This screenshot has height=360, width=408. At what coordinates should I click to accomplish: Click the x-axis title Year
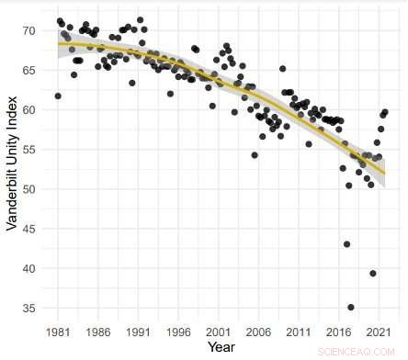[221, 347]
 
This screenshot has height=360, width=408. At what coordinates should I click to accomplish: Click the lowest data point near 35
[351, 307]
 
